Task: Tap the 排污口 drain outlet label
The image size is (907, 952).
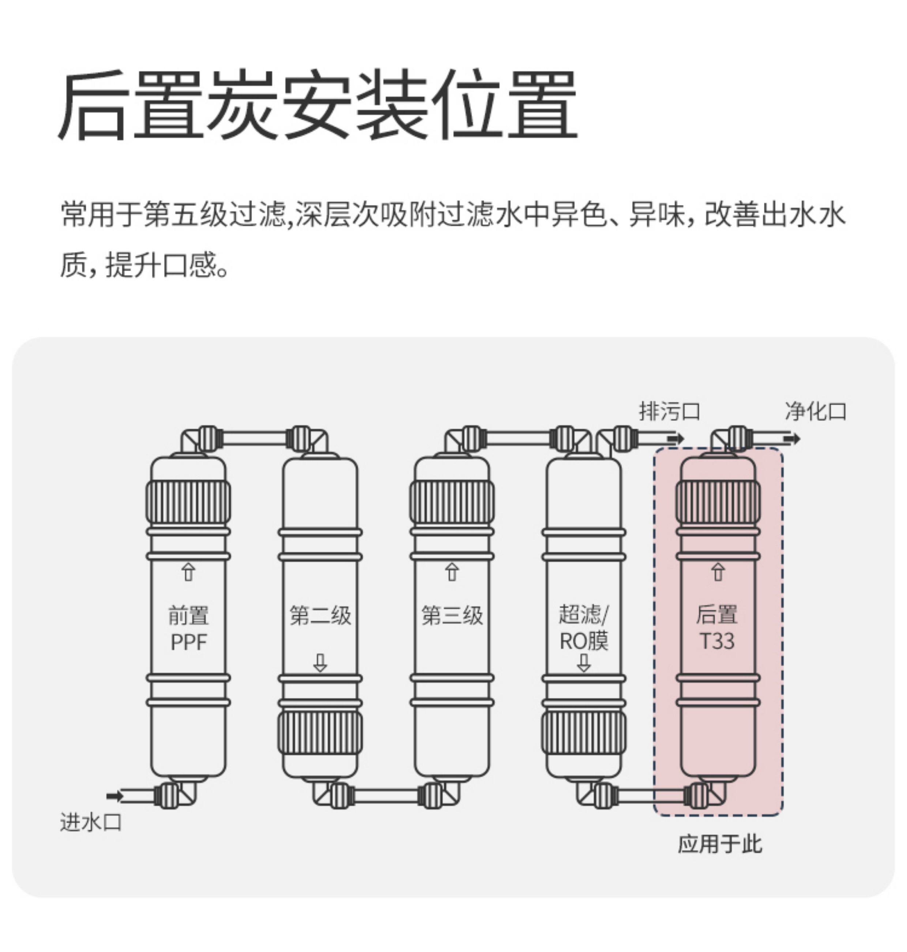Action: (670, 411)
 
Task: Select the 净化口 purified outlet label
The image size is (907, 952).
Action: (816, 411)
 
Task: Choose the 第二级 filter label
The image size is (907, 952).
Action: (320, 616)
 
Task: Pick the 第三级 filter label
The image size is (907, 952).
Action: (452, 616)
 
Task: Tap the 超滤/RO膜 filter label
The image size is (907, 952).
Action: (584, 628)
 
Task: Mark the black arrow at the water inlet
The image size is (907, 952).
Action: (114, 796)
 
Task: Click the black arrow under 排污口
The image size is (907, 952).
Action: (676, 439)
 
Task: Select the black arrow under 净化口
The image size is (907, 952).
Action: (792, 439)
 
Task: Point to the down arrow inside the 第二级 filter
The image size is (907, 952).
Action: (320, 662)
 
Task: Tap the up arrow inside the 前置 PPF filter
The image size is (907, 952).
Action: (189, 572)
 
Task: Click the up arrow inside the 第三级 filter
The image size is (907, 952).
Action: (452, 572)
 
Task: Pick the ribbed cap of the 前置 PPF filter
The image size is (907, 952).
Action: (189, 503)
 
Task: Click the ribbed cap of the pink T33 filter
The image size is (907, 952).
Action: (718, 503)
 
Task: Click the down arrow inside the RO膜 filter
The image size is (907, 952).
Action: (584, 662)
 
